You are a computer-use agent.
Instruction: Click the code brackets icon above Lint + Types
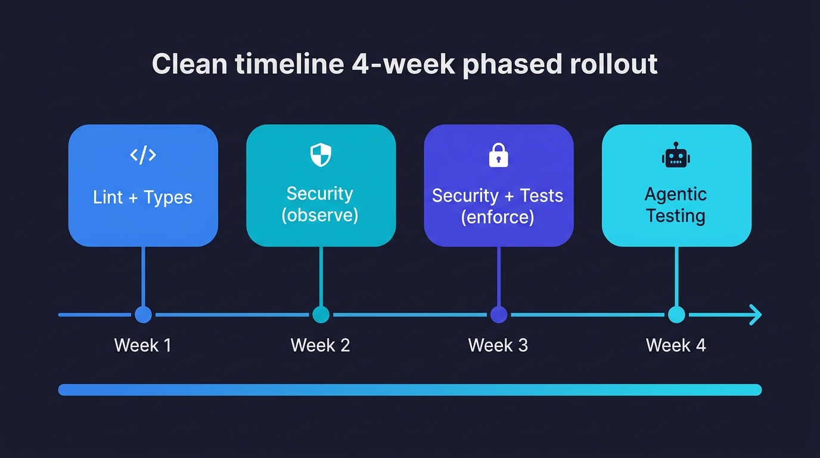143,155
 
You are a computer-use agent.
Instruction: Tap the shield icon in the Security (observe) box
321,155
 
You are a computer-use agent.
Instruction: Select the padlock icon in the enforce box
498,156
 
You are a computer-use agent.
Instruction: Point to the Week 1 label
143,345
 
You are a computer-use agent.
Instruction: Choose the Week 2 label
320,345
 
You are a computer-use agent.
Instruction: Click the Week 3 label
498,345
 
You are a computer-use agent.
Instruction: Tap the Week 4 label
676,345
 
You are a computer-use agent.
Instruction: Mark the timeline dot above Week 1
143,314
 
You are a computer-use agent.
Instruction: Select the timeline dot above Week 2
321,314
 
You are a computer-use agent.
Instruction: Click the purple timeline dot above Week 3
498,314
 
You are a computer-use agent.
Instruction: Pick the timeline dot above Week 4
676,314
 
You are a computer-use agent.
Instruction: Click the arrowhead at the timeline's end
756,314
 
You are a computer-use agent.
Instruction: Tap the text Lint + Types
143,197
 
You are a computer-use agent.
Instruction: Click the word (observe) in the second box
320,215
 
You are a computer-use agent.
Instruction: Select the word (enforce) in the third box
498,216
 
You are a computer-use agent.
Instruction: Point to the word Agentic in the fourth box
676,194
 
